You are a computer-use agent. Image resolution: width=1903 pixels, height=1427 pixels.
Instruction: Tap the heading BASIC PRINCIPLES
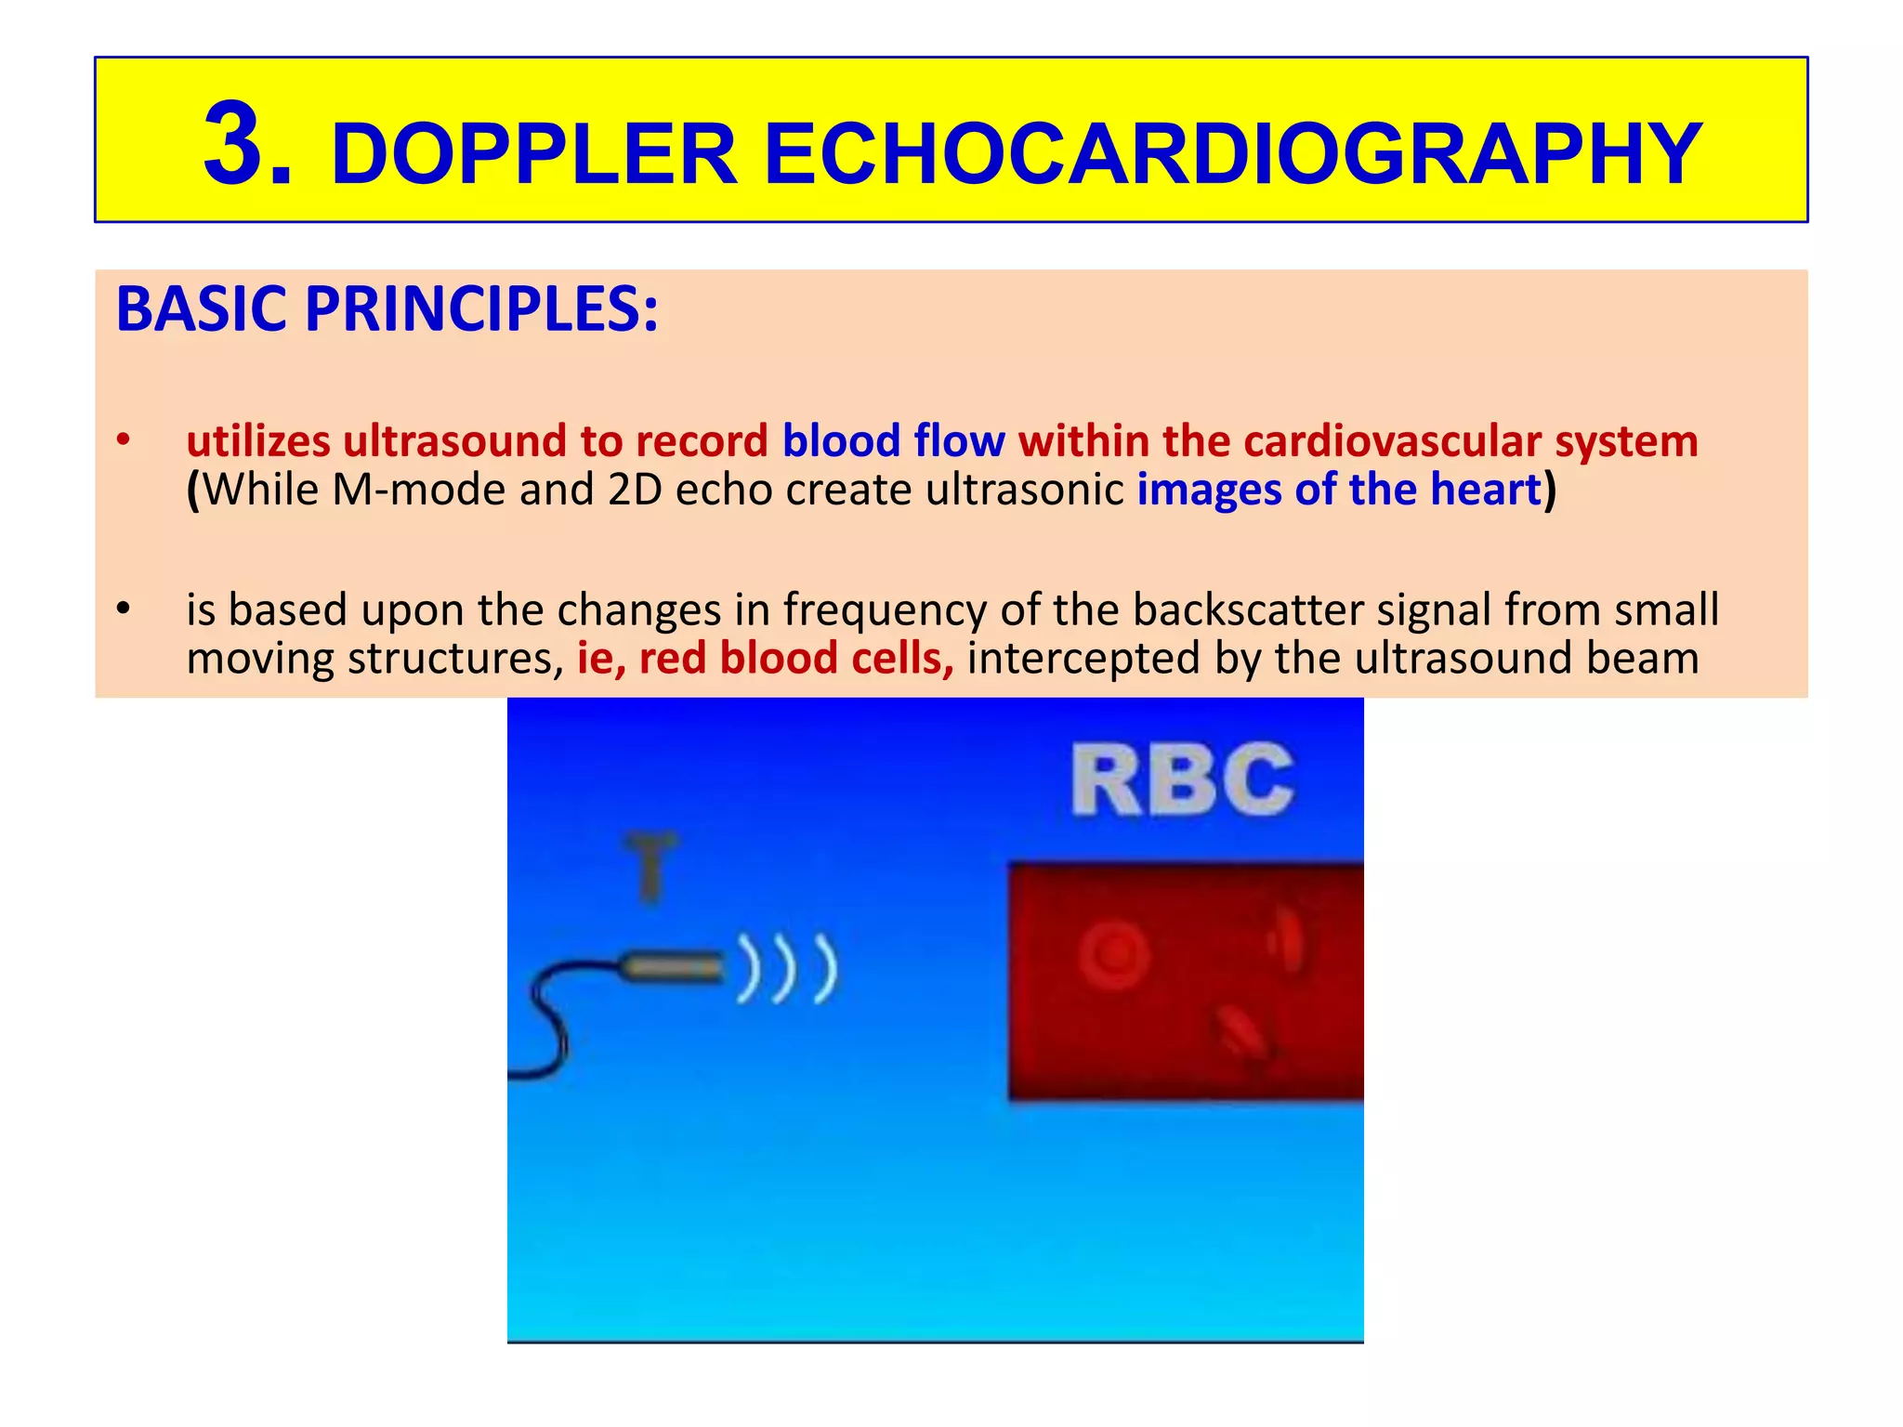pyautogui.click(x=387, y=309)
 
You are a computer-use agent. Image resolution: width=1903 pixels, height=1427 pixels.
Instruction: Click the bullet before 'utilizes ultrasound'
pyautogui.click(x=123, y=440)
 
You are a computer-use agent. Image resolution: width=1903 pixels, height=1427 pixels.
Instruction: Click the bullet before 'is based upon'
pyautogui.click(x=123, y=609)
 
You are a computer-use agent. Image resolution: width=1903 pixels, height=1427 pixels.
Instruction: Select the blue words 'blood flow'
pyautogui.click(x=893, y=440)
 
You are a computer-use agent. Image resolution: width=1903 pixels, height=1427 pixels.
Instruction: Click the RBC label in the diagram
pyautogui.click(x=1182, y=780)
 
